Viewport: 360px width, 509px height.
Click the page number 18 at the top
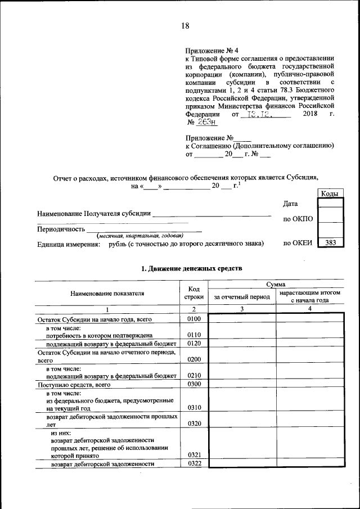coord(186,25)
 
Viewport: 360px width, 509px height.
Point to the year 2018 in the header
coord(310,114)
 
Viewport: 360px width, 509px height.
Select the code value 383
coord(330,244)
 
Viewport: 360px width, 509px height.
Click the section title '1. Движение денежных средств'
coord(192,269)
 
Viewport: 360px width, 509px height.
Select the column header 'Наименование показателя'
coord(107,293)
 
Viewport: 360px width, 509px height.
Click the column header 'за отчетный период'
coord(241,296)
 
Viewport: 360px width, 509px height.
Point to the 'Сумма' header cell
coord(276,285)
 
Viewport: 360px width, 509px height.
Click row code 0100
coord(193,319)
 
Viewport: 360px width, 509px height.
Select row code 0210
coord(193,375)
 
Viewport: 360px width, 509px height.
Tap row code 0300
coord(193,384)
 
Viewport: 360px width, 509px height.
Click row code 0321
coord(193,455)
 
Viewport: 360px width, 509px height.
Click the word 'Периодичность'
coord(61,229)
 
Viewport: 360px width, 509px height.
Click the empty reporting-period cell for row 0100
coord(241,319)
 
